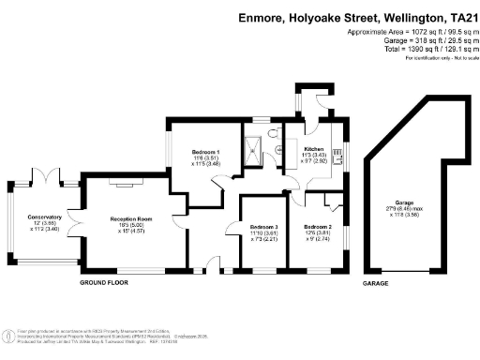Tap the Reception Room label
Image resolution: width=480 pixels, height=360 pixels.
130,218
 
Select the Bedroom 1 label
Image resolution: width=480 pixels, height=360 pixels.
205,152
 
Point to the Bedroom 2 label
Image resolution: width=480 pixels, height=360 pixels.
317,227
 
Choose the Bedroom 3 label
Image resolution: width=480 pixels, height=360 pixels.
263,228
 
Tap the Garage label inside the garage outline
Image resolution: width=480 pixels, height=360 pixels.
404,202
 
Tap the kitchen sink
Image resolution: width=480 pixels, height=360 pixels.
337,160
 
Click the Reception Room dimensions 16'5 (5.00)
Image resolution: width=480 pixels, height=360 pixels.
130,225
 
